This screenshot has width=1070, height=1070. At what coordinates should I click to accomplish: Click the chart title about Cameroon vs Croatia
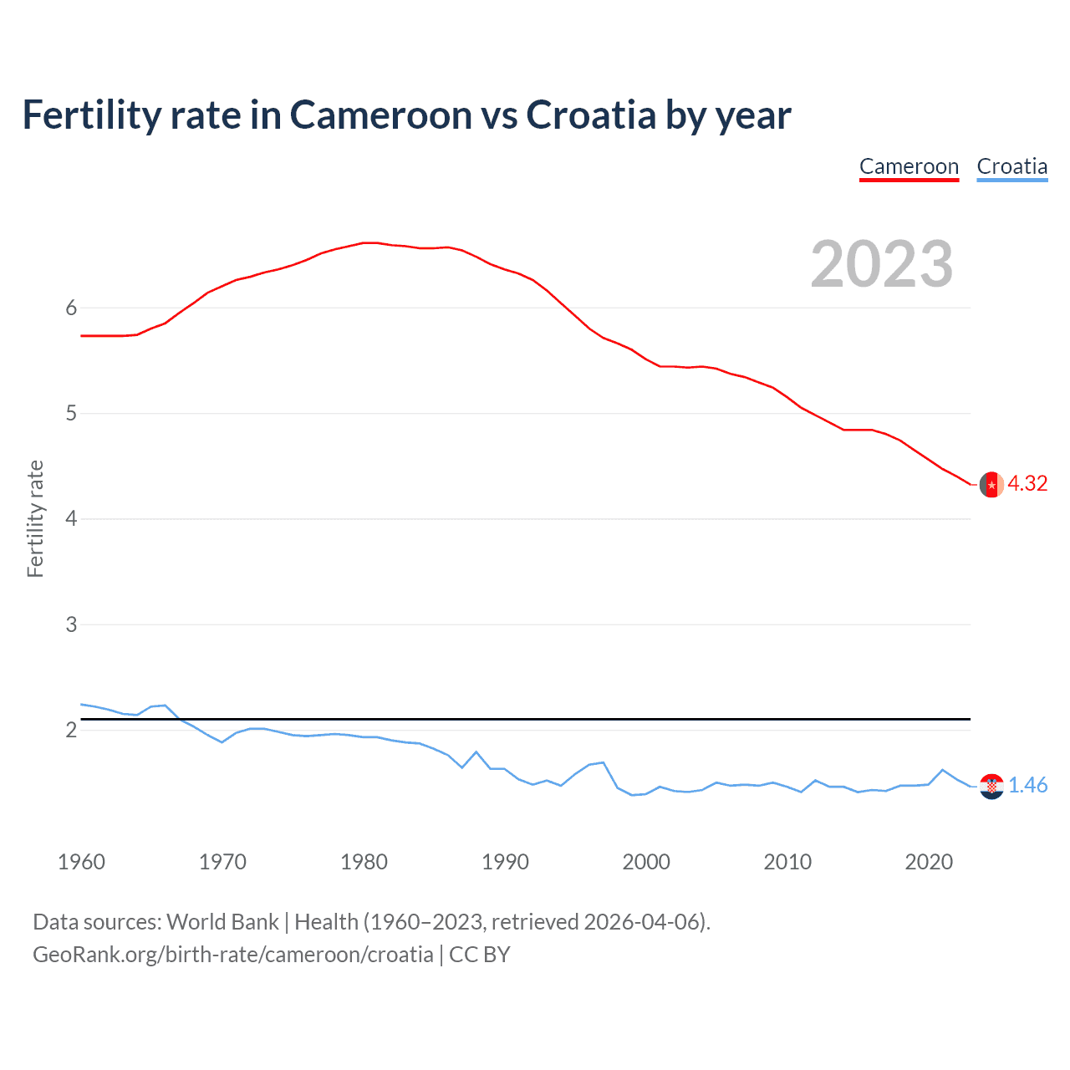coord(406,115)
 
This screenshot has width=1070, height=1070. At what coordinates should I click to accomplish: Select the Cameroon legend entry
coord(909,166)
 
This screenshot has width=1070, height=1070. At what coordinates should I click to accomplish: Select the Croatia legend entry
coord(1011,166)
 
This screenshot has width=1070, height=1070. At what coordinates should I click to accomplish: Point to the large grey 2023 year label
coord(881,264)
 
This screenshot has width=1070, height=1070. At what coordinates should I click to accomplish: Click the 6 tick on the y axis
coord(71,308)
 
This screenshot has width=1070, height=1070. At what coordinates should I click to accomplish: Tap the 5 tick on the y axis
coord(71,413)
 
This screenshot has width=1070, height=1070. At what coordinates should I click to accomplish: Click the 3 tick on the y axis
coord(71,624)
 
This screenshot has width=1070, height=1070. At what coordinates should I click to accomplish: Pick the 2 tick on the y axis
coord(71,730)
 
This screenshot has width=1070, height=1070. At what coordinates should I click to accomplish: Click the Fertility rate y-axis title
coord(35,518)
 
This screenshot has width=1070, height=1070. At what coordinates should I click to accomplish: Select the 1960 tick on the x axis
coord(81,862)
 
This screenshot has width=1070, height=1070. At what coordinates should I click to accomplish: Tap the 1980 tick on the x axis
coord(364,862)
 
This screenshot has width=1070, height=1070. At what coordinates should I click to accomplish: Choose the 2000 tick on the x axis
coord(646,862)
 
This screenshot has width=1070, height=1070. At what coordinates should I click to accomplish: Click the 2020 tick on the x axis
coord(929,862)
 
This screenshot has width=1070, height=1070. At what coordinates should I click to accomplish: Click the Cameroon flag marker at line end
coord(991,484)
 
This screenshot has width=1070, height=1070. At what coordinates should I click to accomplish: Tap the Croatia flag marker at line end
coord(991,786)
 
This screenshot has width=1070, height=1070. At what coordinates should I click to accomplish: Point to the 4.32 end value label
coord(1027,484)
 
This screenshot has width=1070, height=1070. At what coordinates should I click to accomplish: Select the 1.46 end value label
coord(1027,786)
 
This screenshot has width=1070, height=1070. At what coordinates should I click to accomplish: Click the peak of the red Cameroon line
coord(370,242)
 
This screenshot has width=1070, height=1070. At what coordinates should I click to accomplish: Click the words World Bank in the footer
coord(222,922)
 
